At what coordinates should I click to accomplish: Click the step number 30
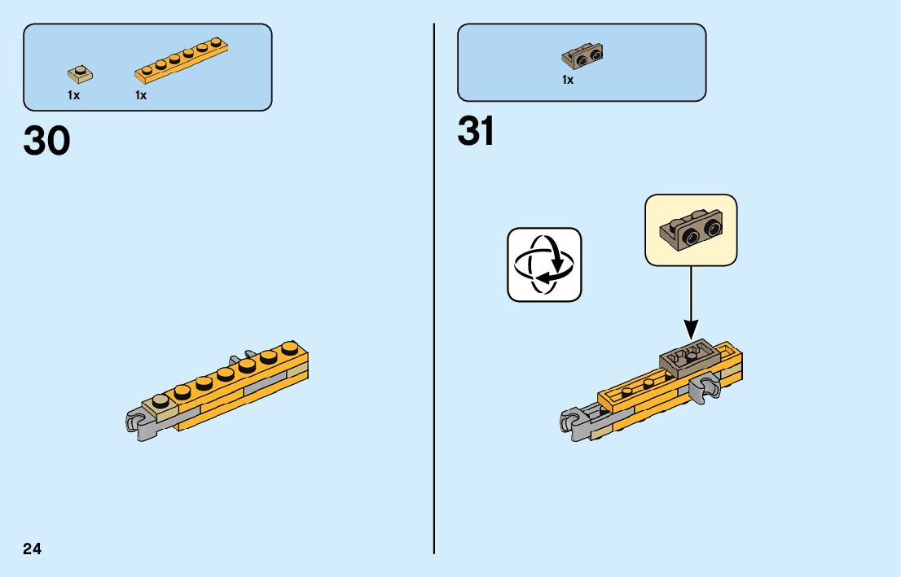click(47, 142)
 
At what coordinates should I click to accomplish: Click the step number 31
click(476, 131)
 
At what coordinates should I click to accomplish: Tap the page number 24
click(33, 549)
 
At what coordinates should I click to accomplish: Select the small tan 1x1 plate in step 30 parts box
click(80, 75)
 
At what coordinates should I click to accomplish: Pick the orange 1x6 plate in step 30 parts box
click(180, 61)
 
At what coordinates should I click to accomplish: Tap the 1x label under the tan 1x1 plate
click(73, 95)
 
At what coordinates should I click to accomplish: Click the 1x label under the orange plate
click(141, 95)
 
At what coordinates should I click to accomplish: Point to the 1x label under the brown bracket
click(568, 80)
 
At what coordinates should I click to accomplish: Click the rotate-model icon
click(544, 264)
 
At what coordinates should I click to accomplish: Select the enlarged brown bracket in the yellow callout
click(690, 229)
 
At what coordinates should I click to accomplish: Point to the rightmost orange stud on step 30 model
click(289, 348)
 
